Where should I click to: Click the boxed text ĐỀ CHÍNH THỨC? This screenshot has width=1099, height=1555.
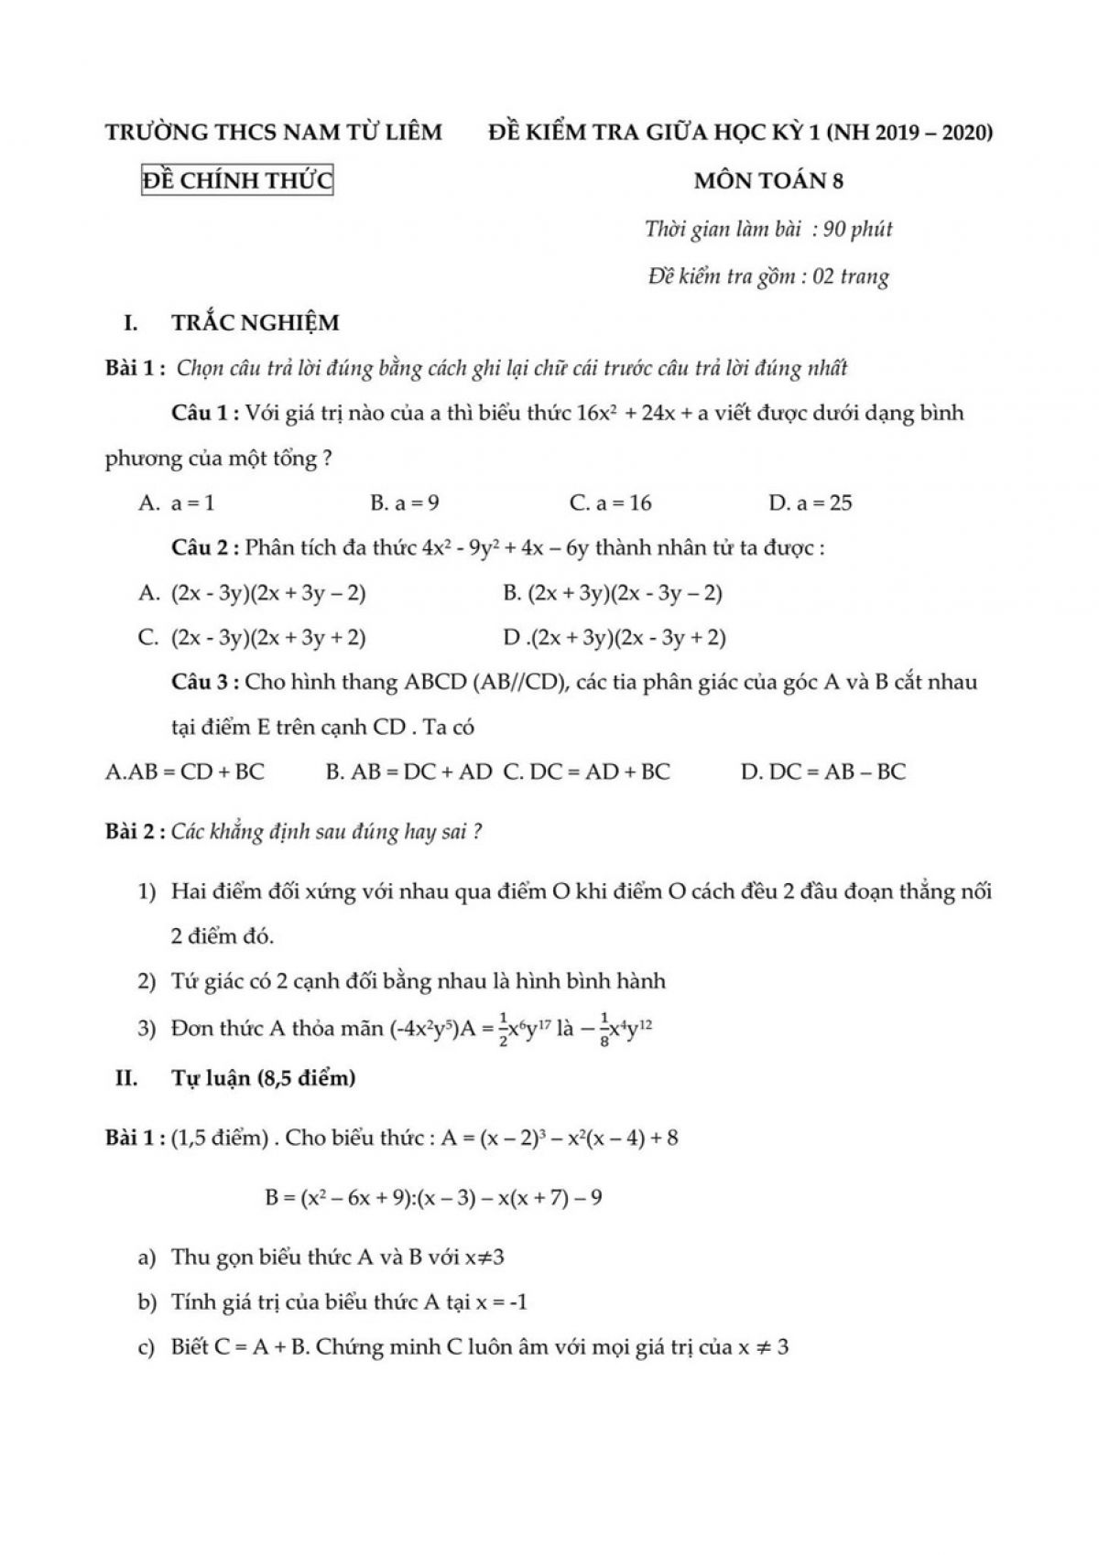(x=237, y=181)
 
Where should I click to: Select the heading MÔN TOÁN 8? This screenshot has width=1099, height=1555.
(x=768, y=181)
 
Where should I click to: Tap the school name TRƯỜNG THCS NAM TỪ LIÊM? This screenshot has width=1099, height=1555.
(x=274, y=133)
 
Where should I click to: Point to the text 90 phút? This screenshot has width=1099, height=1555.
(x=858, y=229)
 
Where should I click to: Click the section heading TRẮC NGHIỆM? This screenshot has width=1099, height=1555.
(x=255, y=322)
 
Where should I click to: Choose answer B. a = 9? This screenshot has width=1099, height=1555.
(x=404, y=502)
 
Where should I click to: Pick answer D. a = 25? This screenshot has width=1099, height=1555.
(x=811, y=502)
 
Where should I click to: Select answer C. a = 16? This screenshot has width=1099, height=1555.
(x=610, y=502)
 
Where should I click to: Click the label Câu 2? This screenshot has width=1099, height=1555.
(x=204, y=548)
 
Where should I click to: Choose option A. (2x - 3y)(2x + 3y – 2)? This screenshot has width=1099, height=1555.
(x=253, y=593)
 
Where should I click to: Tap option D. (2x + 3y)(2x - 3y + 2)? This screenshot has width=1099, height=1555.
(x=615, y=638)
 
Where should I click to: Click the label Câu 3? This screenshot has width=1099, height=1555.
(x=204, y=683)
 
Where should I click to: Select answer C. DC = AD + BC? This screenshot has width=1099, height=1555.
(x=586, y=772)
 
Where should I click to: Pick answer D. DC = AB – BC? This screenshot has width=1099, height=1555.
(x=822, y=772)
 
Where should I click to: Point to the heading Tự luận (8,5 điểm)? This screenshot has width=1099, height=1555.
(x=263, y=1078)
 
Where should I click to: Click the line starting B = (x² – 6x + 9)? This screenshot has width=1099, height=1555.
(x=433, y=1197)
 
